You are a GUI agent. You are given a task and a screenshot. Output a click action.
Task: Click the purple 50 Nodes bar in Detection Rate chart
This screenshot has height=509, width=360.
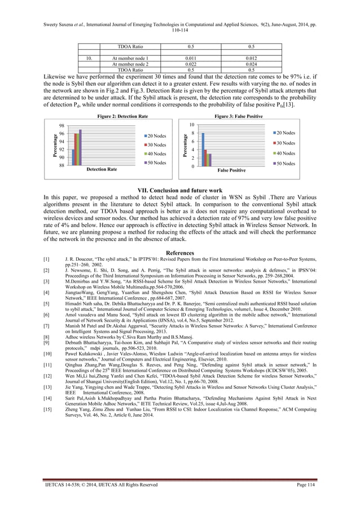pos(81,147)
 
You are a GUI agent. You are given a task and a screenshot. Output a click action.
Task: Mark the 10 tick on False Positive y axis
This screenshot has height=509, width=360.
pos(192,124)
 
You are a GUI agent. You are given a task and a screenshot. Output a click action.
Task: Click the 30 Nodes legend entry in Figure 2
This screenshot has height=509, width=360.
pos(155,144)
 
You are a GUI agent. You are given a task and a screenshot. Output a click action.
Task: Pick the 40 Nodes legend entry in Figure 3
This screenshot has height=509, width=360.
pos(286,153)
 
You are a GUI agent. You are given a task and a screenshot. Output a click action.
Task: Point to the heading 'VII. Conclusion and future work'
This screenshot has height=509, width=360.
pos(179,189)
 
